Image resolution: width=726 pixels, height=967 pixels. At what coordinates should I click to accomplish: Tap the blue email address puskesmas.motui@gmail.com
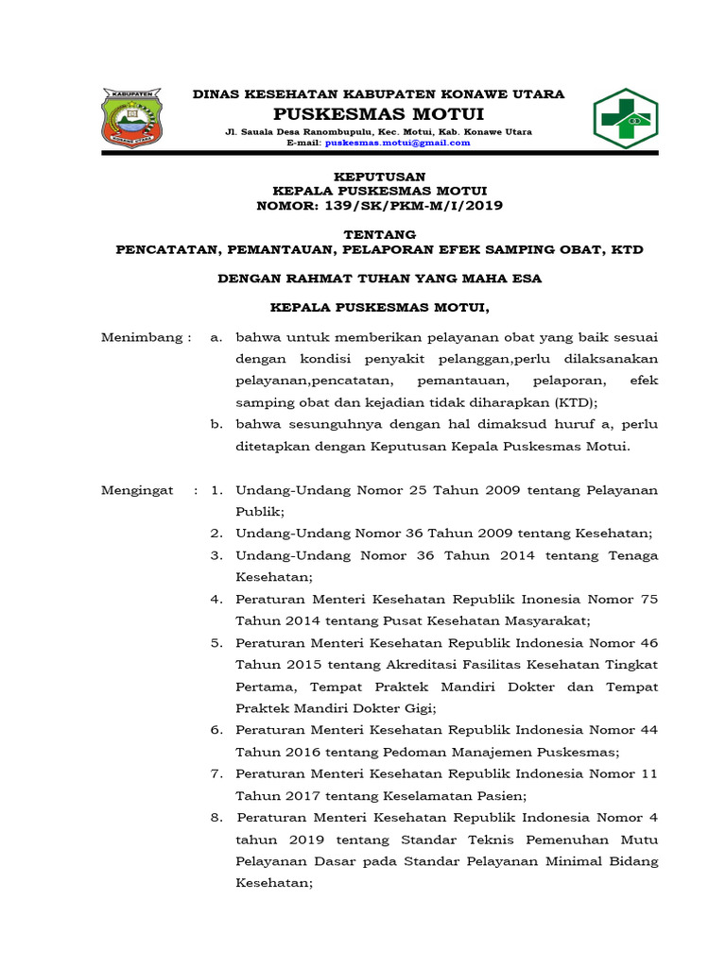point(397,143)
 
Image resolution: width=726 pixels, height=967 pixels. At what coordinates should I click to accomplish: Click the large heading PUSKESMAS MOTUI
point(378,114)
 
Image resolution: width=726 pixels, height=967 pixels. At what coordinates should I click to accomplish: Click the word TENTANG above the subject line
point(381,234)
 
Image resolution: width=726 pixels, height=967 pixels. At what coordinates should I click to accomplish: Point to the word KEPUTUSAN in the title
point(381,177)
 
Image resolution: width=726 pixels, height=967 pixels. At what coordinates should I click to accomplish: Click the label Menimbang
point(146,337)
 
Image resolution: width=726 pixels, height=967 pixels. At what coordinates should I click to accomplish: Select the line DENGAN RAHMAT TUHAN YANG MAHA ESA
point(380,279)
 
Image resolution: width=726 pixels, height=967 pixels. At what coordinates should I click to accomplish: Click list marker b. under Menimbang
point(217,424)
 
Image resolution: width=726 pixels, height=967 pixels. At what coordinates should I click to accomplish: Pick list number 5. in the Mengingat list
point(216,643)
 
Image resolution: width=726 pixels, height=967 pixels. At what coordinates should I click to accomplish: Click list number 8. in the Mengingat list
point(216,818)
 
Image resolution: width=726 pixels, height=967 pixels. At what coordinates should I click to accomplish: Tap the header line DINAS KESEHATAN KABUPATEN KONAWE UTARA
point(378,94)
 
